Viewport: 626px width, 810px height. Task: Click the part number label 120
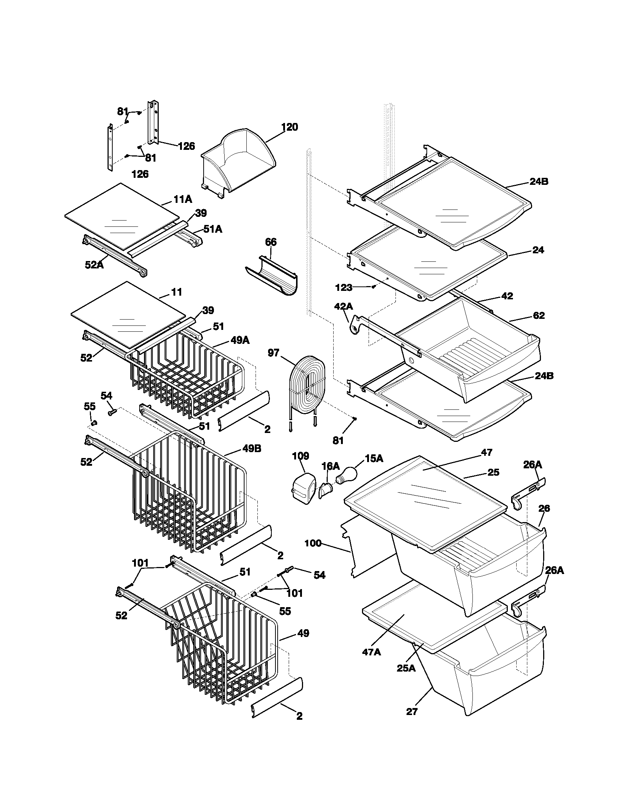[x=289, y=127]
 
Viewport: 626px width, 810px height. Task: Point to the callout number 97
[x=273, y=353]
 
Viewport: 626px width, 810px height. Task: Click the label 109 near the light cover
[x=300, y=456]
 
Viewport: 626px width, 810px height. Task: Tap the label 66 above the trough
[x=271, y=242]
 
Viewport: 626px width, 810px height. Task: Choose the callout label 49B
[x=252, y=448]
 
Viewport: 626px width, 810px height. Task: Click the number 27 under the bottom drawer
[x=412, y=711]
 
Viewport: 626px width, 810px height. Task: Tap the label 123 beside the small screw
[x=344, y=287]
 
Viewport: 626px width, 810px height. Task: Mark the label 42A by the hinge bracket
[x=344, y=306]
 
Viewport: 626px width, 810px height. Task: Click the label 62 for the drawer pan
[x=538, y=315]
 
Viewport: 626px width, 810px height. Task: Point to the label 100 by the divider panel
[x=313, y=543]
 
